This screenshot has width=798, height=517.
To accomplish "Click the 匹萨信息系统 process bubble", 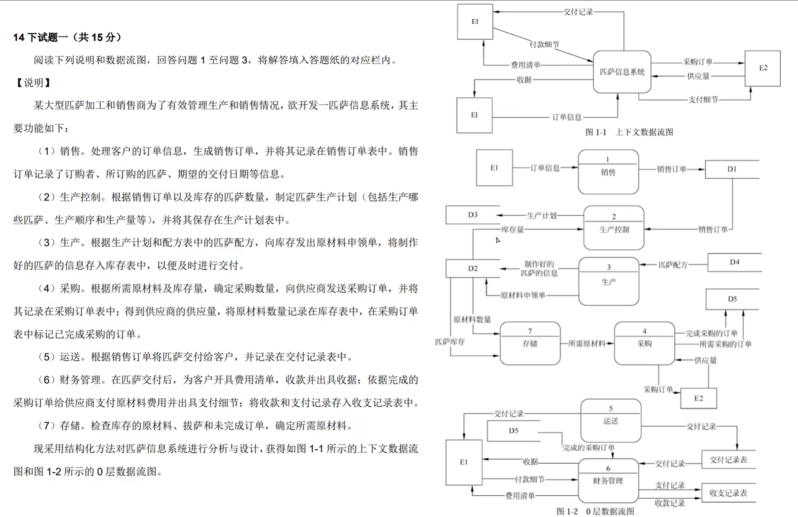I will point(622,72).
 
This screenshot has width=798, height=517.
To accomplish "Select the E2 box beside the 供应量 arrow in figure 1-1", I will point(762,68).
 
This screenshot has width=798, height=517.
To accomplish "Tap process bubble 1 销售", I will point(608,172).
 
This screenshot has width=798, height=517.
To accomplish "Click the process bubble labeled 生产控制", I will point(614,228).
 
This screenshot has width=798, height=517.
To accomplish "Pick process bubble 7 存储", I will point(530,343).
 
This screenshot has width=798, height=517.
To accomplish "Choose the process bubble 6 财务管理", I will point(608,480).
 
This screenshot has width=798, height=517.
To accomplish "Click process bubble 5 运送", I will point(611,421).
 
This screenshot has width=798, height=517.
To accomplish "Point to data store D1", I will point(732,169).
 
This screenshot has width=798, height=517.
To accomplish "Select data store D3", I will point(473,215).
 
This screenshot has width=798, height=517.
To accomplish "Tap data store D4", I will point(734,262).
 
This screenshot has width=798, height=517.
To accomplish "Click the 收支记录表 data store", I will point(728,493).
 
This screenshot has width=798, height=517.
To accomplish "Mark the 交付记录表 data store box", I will point(728,460).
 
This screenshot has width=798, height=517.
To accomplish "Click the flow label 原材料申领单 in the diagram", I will point(523,295).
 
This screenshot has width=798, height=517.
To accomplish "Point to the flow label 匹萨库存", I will point(450,342).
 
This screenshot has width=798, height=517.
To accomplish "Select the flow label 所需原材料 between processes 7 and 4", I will point(586,343).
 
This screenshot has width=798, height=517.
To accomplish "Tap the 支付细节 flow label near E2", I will point(703,100).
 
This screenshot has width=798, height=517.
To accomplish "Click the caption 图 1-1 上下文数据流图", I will point(629,132).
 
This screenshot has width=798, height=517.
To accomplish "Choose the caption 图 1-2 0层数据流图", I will point(595,511).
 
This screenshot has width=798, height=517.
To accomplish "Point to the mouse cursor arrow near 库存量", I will point(497,240).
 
